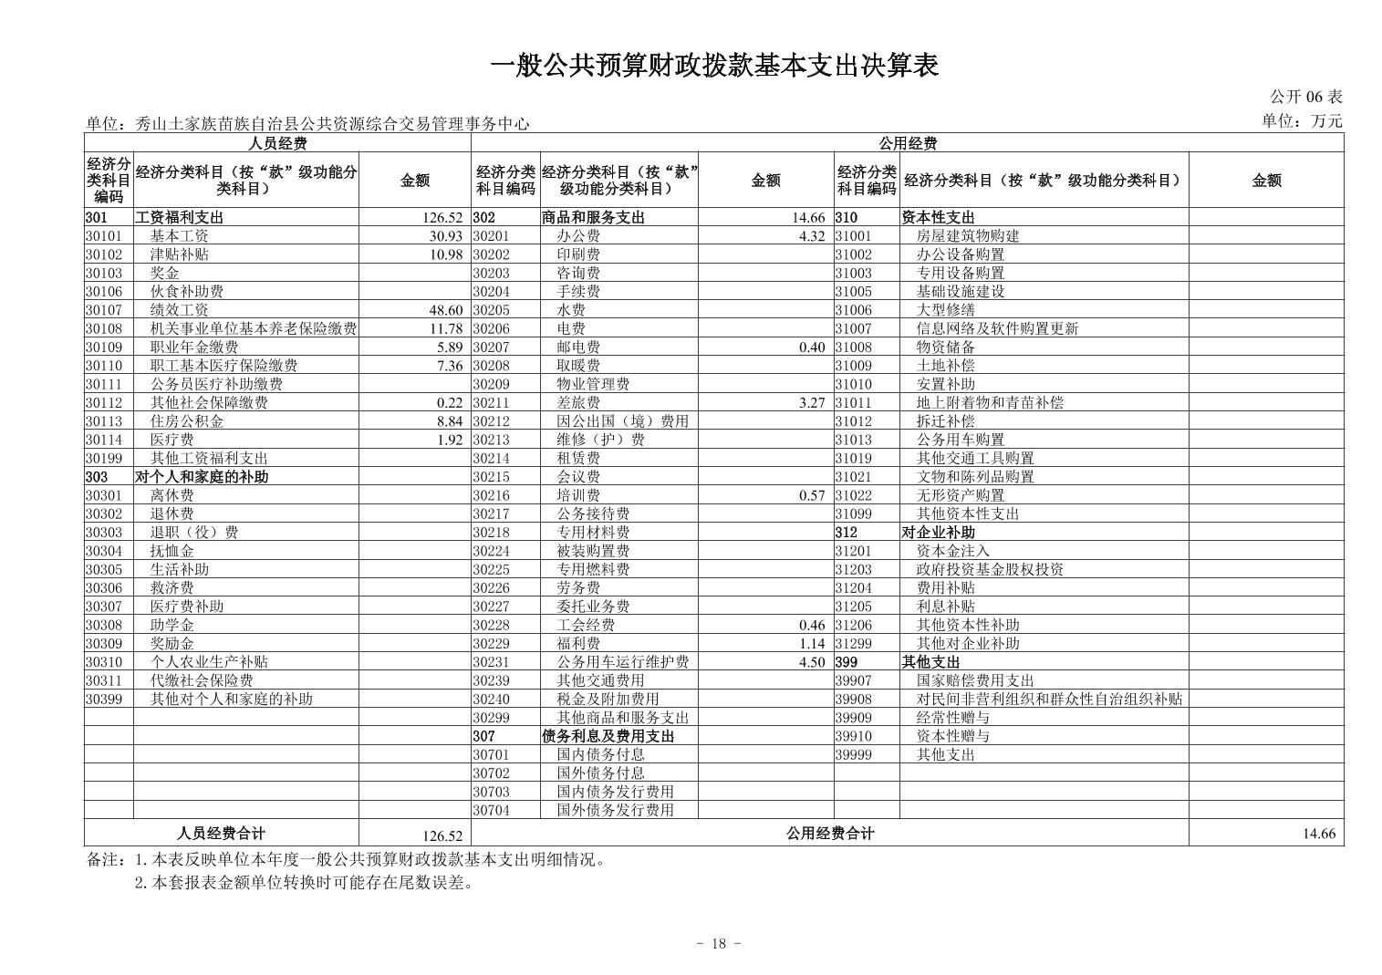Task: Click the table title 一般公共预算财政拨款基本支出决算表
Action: pyautogui.click(x=714, y=66)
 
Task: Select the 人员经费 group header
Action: pyautogui.click(x=277, y=143)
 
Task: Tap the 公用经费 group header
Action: pyautogui.click(x=907, y=143)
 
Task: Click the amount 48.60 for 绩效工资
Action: pyautogui.click(x=446, y=310)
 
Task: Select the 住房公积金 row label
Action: pyautogui.click(x=187, y=421)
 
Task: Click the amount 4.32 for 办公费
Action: pyautogui.click(x=811, y=236)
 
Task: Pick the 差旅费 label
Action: pyautogui.click(x=578, y=403)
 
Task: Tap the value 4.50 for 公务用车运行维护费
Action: pyautogui.click(x=811, y=662)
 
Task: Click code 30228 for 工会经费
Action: pyautogui.click(x=492, y=626)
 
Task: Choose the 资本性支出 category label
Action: pyautogui.click(x=938, y=218)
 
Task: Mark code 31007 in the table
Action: pyautogui.click(x=853, y=328)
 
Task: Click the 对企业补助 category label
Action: pyautogui.click(x=938, y=533)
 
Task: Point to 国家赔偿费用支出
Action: pyautogui.click(x=975, y=680)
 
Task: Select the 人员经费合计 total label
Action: pyautogui.click(x=221, y=833)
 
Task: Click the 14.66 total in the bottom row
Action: pyautogui.click(x=1319, y=834)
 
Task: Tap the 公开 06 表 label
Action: pyautogui.click(x=1305, y=97)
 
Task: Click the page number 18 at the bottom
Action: pyautogui.click(x=718, y=944)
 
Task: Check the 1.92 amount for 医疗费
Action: pyautogui.click(x=450, y=440)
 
